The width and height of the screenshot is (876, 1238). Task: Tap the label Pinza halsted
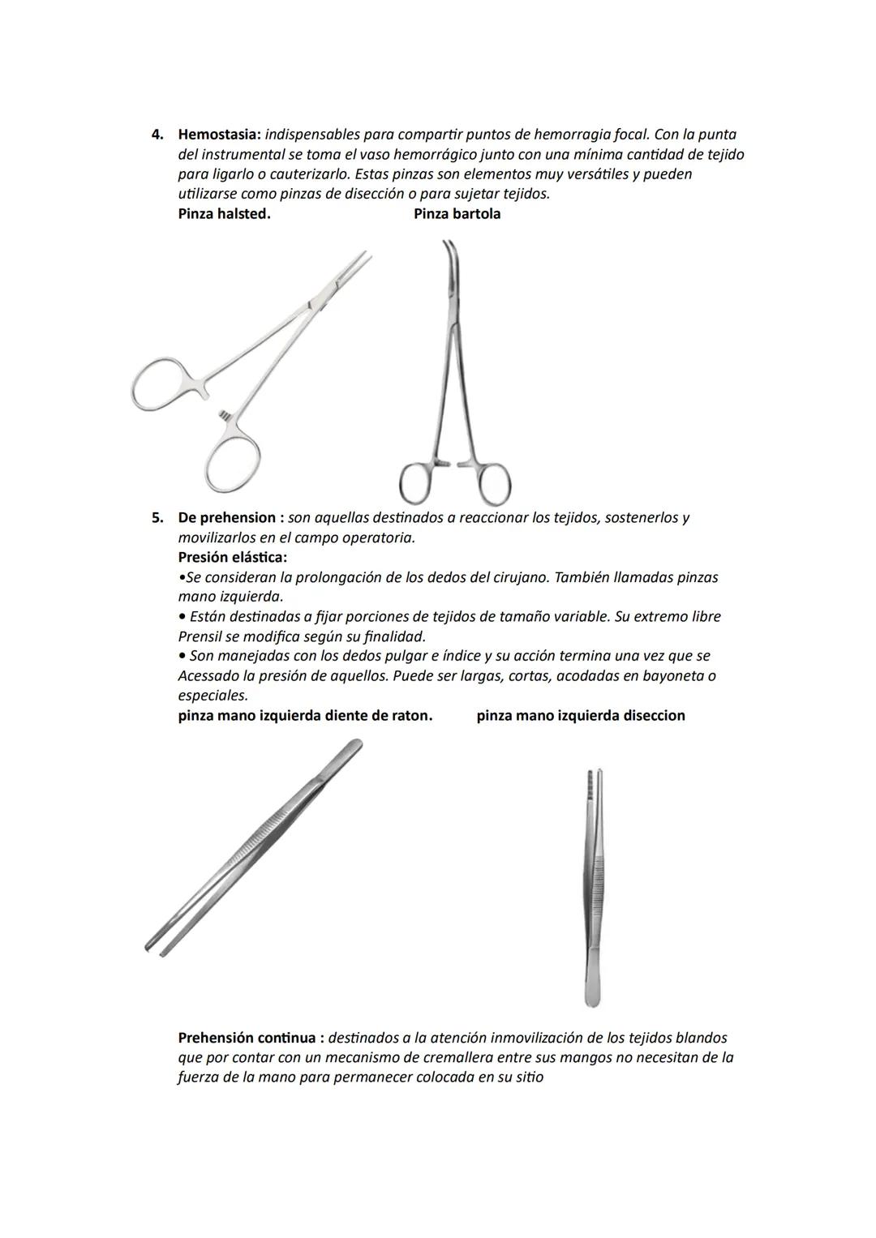[224, 214]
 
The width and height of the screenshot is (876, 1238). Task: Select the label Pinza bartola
[457, 214]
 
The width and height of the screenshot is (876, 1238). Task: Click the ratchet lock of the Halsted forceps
[223, 416]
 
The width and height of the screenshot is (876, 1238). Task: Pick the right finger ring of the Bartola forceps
[492, 485]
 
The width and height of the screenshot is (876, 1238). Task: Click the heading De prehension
[226, 518]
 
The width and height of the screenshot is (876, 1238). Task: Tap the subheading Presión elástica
[232, 558]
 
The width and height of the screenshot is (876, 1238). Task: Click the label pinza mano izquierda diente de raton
[305, 716]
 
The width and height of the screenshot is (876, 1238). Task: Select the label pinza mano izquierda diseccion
[581, 716]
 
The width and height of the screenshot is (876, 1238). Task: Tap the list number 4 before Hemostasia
[157, 135]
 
